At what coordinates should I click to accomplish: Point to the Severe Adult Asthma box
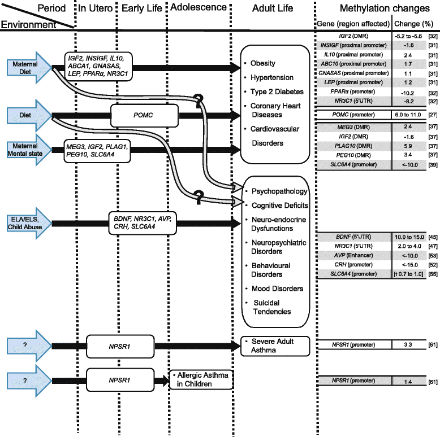[277, 346]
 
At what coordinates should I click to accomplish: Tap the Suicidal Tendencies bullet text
[271, 307]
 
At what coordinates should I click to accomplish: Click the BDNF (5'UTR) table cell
[353, 220]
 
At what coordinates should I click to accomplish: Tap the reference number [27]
[432, 115]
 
